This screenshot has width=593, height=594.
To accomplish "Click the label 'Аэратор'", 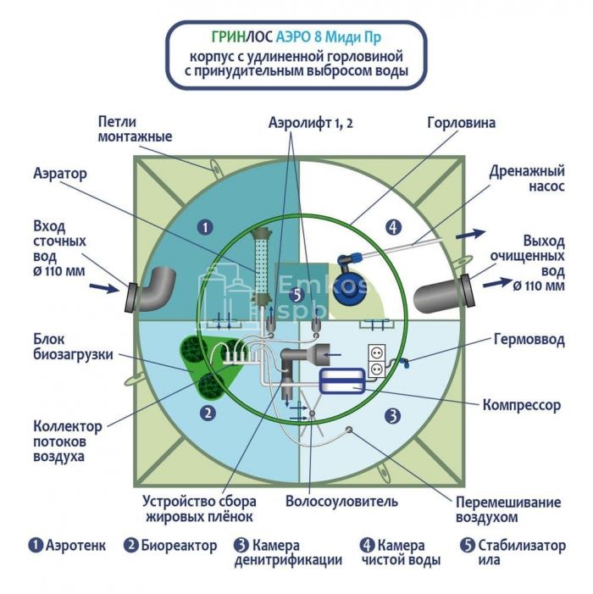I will click(60, 173).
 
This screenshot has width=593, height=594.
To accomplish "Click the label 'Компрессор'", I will click(521, 405).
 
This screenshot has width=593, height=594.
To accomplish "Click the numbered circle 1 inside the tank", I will click(203, 226).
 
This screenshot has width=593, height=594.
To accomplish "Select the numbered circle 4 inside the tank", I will click(391, 226).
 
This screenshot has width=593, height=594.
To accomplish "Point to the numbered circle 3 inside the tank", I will click(391, 415).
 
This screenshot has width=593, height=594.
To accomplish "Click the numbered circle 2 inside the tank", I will click(204, 414).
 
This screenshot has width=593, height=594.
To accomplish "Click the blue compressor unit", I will click(341, 380).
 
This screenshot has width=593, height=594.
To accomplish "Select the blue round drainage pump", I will click(348, 291).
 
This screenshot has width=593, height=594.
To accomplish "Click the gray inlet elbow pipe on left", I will click(152, 291).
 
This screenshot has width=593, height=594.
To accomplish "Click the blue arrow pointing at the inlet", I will click(104, 288).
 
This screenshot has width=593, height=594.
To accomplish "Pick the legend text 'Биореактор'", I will click(179, 545).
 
